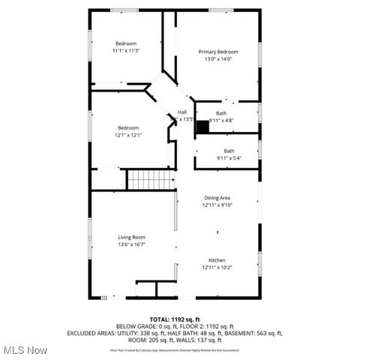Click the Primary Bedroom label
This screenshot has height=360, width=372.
[x=217, y=51]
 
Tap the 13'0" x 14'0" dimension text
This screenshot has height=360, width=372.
[x=217, y=58]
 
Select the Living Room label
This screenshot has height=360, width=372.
[x=131, y=237]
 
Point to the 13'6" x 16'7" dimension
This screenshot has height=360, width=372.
[x=131, y=244]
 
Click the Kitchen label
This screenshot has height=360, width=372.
[x=217, y=259]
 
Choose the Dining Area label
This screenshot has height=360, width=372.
[x=217, y=198]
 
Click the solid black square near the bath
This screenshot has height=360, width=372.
[x=202, y=126]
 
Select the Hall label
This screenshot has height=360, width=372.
[x=182, y=112]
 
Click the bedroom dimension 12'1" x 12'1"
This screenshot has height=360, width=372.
[x=128, y=135]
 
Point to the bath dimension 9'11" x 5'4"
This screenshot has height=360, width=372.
[x=229, y=158]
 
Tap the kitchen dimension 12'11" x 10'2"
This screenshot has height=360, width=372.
[x=217, y=267]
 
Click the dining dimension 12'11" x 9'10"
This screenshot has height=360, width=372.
[x=217, y=205]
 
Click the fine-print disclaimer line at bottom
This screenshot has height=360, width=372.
[x=185, y=350]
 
